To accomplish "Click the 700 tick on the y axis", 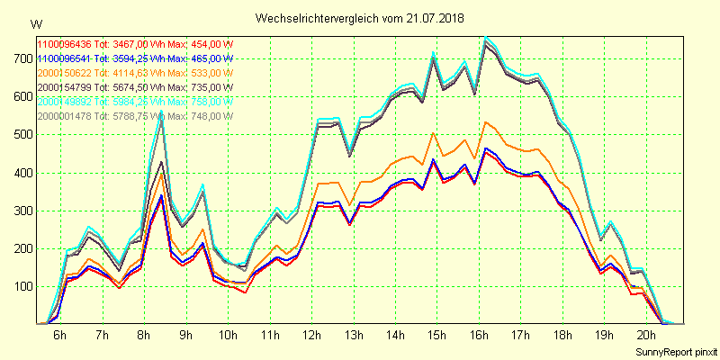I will pos(21,58).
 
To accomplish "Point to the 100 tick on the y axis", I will pos(21,287).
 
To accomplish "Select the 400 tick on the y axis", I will pos(21,173).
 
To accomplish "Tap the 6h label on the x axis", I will pos(59,336).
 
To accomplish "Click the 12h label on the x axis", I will pos(312,336).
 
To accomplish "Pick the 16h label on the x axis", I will pos(478,336).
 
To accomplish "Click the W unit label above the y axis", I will pos(35,23).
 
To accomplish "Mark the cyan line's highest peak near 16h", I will pos(486,37).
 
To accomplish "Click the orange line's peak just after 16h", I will pos(487,122).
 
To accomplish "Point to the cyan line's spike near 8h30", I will pos(161,113).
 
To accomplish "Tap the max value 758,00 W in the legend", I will pos(207,102).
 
